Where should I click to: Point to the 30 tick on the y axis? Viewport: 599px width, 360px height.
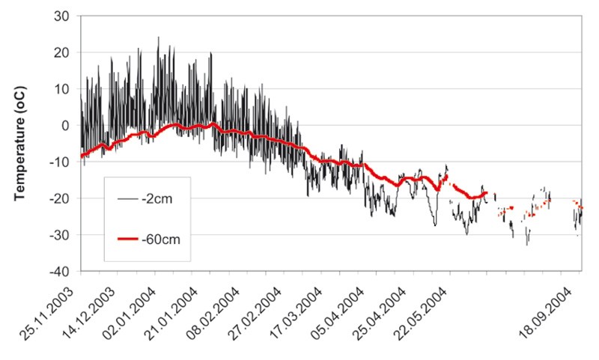(63, 16)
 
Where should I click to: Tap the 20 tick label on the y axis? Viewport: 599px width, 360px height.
(63, 52)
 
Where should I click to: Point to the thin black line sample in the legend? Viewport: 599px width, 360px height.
(127, 200)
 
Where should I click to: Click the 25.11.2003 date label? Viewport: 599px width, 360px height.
(57, 308)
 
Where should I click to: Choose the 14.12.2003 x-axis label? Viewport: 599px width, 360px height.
(94, 308)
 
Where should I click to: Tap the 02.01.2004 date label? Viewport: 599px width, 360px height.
(131, 308)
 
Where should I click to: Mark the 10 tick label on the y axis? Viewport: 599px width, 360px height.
(63, 89)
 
